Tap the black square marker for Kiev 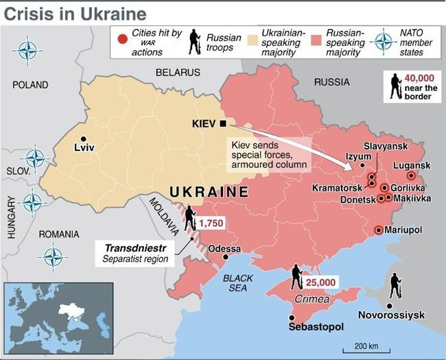click(223, 123)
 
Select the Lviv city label click(83, 147)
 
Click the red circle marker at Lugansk click(412, 176)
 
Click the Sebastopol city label click(316, 328)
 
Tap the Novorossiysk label click(392, 315)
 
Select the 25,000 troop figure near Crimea click(320, 282)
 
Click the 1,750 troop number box click(210, 224)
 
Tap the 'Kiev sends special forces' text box click(268, 154)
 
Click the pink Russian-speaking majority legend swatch click(317, 38)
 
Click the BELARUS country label click(178, 72)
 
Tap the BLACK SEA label click(238, 283)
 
